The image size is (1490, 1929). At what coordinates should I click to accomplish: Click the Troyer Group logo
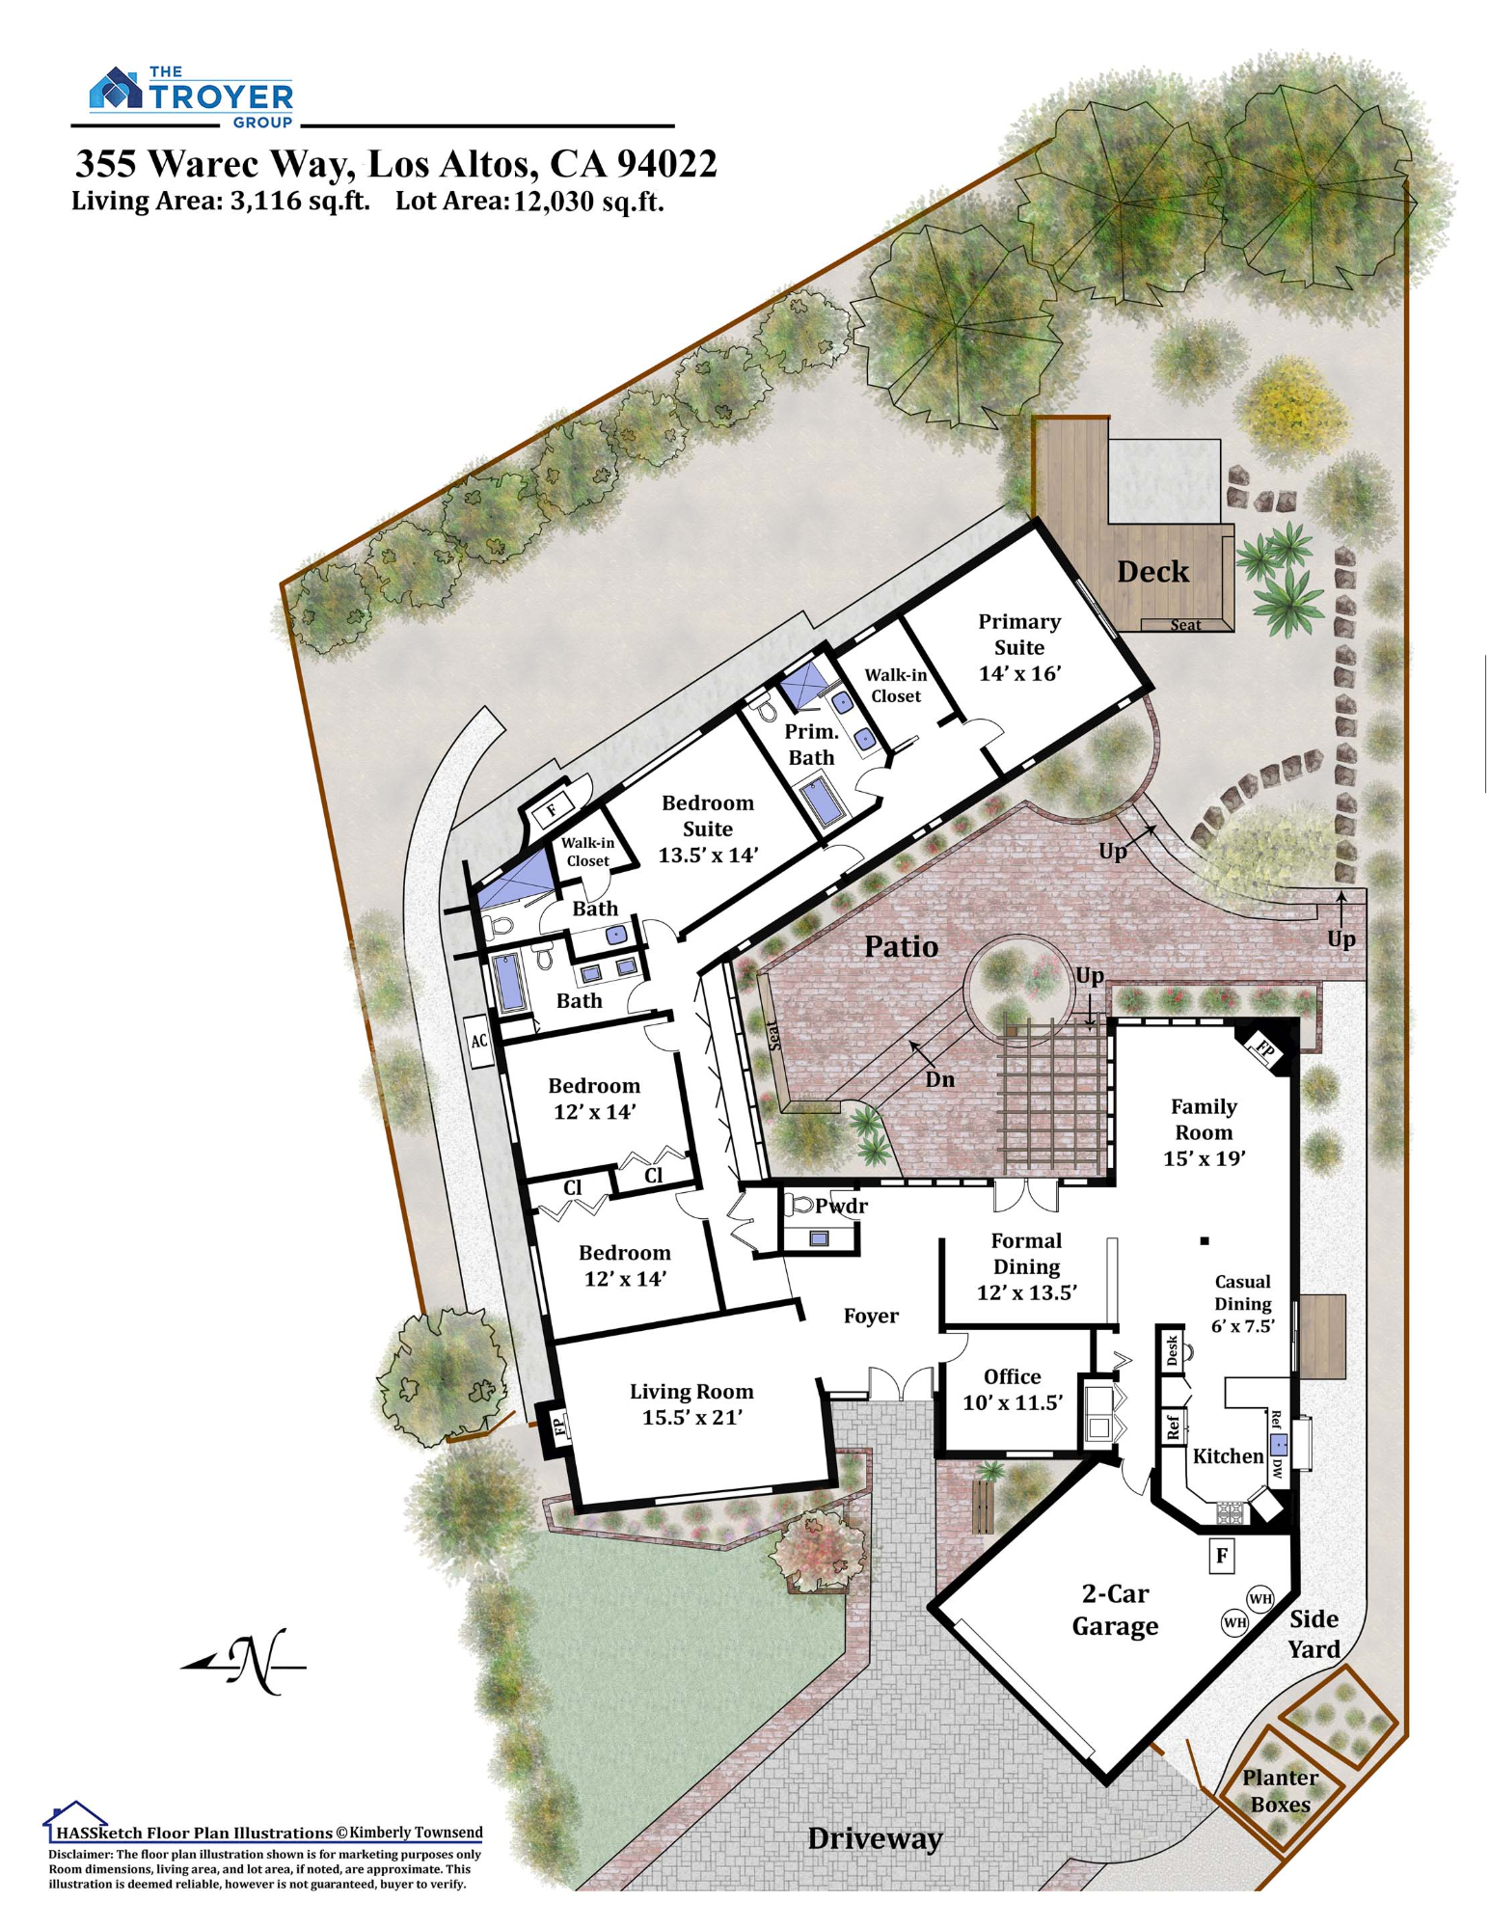pos(191,96)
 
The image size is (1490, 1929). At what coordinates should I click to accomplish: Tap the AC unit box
pos(479,1042)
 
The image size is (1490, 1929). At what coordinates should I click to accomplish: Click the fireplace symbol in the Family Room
pos(1264,1046)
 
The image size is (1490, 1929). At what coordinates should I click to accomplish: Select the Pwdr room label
pos(841,1206)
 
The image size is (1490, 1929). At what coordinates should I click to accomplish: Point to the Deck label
pos(1152,572)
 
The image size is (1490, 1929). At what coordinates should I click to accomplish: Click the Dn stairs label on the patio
pos(939,1079)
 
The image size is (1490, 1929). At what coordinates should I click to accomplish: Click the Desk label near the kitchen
pos(1172,1349)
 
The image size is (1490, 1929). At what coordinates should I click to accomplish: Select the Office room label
pos(1012,1376)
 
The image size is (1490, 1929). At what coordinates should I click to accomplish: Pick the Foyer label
pos(871,1317)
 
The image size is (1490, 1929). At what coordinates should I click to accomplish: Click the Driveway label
pos(875,1838)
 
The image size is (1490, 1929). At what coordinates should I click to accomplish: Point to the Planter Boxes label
pos(1281,1791)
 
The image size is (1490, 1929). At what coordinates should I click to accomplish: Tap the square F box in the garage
pos(1222,1556)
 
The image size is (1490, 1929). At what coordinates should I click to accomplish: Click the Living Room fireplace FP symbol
pos(558,1425)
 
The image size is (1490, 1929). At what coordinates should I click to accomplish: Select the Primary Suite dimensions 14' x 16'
pos(1019,673)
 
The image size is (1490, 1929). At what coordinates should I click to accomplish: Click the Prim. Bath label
pos(811,745)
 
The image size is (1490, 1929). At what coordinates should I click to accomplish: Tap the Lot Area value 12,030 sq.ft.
pos(588,202)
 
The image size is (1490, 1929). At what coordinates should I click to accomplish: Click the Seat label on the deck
pos(1185,625)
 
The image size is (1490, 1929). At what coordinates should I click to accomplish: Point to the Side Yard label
pos(1314,1634)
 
